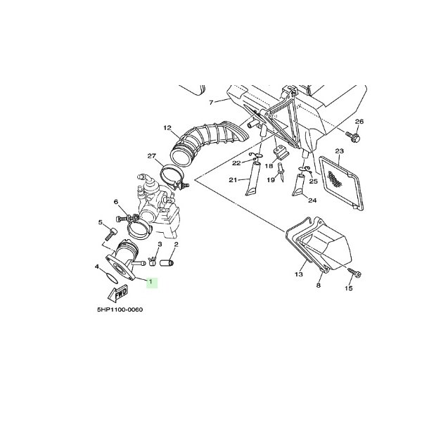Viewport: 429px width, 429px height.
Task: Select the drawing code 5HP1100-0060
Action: (x=120, y=309)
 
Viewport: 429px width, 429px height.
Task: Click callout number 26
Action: (x=359, y=122)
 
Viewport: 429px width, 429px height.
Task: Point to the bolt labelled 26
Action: (x=352, y=136)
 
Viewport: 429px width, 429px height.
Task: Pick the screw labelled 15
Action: (x=354, y=272)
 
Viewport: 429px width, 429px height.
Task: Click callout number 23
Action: (x=339, y=151)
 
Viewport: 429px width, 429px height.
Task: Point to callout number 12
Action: (x=167, y=128)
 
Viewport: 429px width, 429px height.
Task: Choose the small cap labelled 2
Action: (x=167, y=263)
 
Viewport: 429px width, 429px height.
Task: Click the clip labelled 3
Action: (x=153, y=261)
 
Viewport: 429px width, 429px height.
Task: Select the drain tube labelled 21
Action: (x=252, y=179)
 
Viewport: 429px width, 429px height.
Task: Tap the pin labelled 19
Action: (x=281, y=172)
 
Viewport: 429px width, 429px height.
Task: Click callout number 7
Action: (x=211, y=103)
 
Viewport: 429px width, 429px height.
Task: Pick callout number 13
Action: (x=299, y=274)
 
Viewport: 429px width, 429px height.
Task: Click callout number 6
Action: (x=116, y=202)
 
